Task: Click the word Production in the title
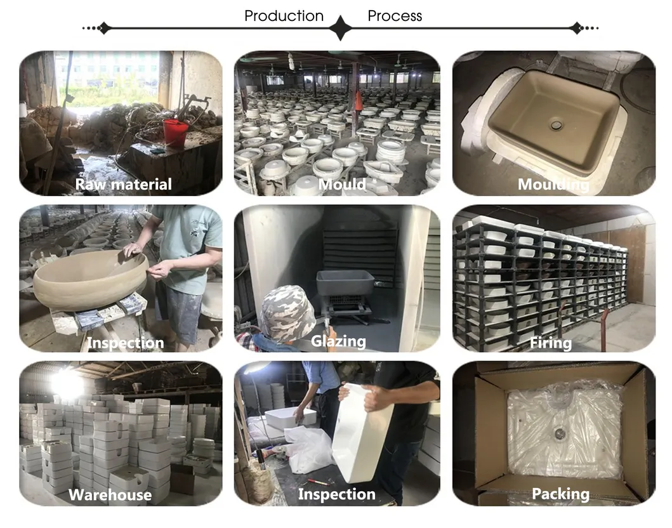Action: [284, 16]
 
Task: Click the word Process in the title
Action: [394, 16]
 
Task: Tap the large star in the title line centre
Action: [340, 28]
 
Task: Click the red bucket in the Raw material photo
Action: [176, 133]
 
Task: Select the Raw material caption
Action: [123, 185]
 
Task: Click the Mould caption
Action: [342, 185]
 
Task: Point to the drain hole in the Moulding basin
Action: [557, 125]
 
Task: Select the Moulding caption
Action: [553, 185]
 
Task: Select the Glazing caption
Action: [338, 341]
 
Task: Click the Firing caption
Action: [551, 343]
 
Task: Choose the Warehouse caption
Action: [110, 495]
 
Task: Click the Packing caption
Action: [560, 494]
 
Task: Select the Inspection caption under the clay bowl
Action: [125, 343]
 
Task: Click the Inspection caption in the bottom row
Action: [336, 494]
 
